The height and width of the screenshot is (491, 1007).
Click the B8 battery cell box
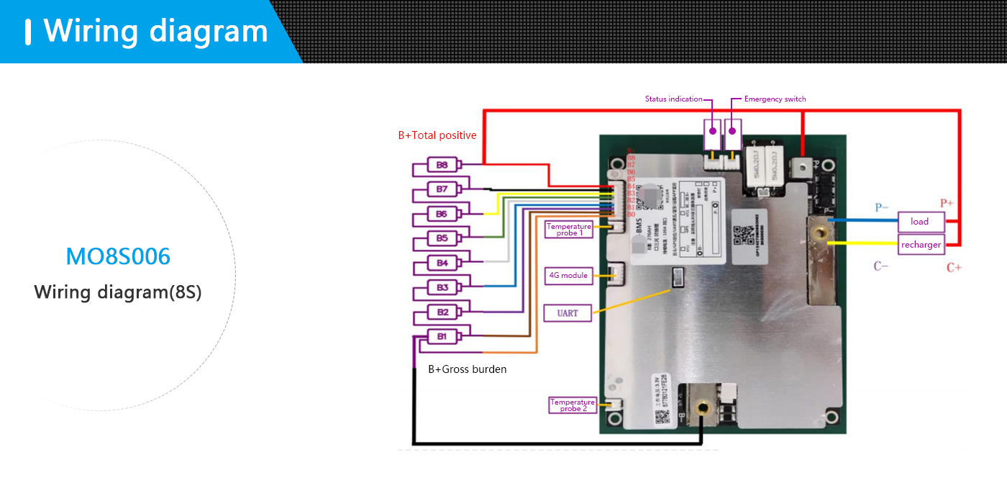point(442,165)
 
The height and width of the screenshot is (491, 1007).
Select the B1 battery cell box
point(442,336)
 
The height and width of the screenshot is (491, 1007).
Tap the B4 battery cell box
point(442,263)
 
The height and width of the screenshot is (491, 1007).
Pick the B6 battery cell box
point(442,214)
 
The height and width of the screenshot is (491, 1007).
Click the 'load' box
point(919,222)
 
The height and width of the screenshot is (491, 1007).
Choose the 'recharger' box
point(921,245)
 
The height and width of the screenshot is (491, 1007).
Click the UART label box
point(568,313)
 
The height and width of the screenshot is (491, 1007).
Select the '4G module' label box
point(568,275)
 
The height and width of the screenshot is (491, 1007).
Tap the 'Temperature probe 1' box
point(568,230)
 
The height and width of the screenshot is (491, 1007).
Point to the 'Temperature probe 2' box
point(573,405)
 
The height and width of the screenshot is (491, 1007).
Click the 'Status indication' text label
point(673,99)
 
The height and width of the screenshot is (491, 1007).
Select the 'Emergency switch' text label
point(775,99)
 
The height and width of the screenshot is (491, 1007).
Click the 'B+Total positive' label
point(437,135)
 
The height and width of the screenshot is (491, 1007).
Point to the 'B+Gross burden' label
point(468,369)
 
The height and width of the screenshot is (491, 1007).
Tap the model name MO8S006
point(118,257)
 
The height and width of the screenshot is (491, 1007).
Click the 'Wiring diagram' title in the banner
point(155,31)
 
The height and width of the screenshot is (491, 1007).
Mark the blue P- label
point(882,208)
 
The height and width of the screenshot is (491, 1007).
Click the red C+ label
point(954,268)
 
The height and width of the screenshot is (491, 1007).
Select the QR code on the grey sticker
point(746,234)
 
